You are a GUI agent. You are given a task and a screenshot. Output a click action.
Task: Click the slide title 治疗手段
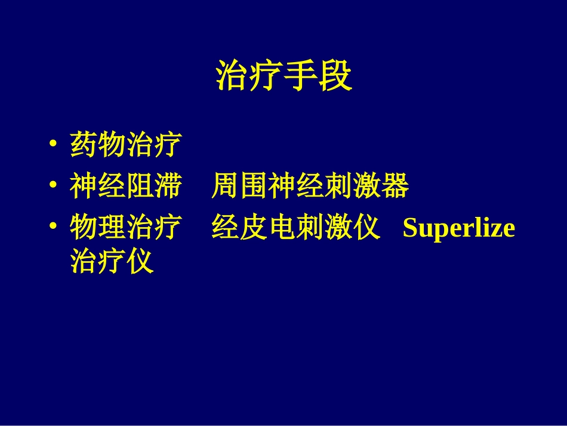(x=283, y=76)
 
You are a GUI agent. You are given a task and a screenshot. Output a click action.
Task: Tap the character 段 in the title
(x=336, y=76)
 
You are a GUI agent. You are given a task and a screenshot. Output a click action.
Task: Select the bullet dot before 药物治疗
(x=54, y=145)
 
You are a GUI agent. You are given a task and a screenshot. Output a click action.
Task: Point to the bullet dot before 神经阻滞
(x=54, y=187)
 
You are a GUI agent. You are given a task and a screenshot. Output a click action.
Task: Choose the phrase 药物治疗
(x=125, y=145)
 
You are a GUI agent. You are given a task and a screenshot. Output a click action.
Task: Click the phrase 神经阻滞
(x=125, y=187)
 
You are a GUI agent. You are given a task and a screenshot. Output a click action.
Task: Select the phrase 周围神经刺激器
(x=310, y=187)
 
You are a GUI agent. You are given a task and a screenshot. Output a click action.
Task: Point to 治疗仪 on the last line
(x=112, y=261)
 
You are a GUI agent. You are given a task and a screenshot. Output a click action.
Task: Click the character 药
(x=84, y=145)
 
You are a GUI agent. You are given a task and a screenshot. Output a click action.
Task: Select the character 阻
(x=140, y=187)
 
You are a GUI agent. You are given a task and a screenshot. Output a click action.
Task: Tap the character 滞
(x=168, y=187)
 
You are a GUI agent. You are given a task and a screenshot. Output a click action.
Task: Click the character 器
(x=395, y=187)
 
